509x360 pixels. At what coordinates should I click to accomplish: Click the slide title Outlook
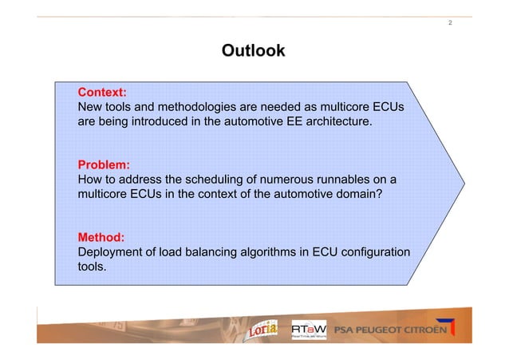[253, 52]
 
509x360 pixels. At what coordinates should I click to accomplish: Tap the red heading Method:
[101, 238]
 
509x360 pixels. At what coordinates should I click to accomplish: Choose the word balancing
[217, 253]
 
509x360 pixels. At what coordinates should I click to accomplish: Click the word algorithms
[277, 253]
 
